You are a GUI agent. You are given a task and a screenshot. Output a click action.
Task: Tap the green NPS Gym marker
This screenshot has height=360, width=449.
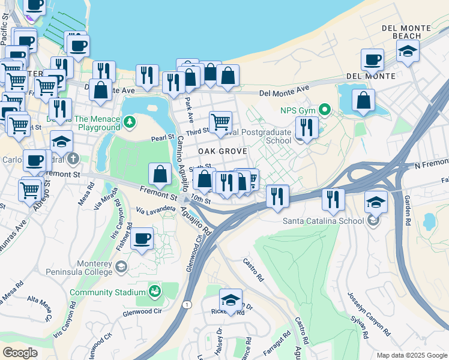point(325,110)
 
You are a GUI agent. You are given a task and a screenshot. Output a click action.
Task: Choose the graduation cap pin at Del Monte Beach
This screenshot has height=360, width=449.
point(408,52)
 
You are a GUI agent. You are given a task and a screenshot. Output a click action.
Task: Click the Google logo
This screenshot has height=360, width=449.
point(20,353)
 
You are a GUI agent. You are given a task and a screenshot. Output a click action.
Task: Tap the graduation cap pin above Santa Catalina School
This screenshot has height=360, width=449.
point(376,202)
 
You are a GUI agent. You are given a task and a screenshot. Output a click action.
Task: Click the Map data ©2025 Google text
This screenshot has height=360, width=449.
point(411,355)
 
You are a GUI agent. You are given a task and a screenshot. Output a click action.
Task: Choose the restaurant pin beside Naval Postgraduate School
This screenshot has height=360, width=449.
point(307,127)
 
